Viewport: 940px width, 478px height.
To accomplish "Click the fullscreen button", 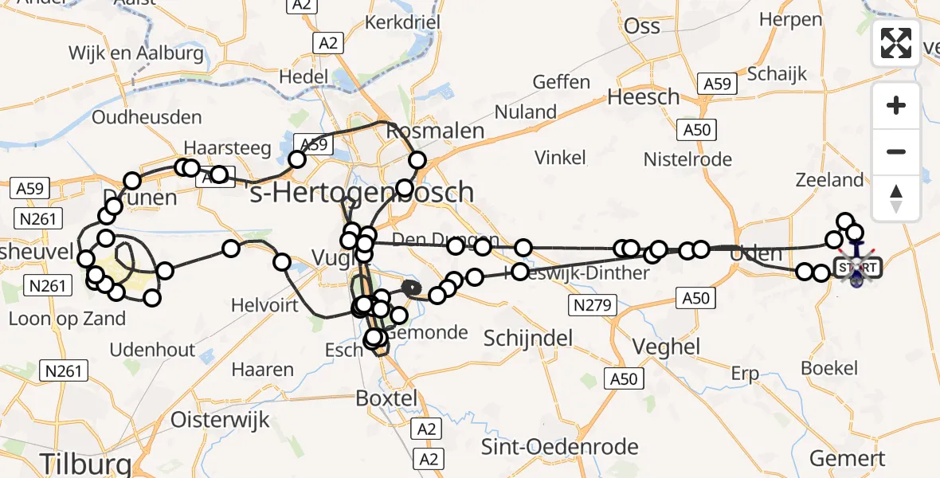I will [896, 43].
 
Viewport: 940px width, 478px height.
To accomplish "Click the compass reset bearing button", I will [896, 198].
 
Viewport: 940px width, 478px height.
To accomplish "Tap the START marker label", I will [857, 267].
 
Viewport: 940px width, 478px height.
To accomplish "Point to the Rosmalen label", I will [435, 130].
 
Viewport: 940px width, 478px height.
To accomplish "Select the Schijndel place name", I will [528, 338].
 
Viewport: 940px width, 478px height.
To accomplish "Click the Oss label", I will [642, 25].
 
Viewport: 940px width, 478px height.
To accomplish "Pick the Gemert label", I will [847, 459].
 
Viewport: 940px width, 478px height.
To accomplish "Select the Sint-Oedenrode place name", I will [559, 446].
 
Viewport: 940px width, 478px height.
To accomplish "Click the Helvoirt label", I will [264, 305].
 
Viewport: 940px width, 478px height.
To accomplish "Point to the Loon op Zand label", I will [67, 319].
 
